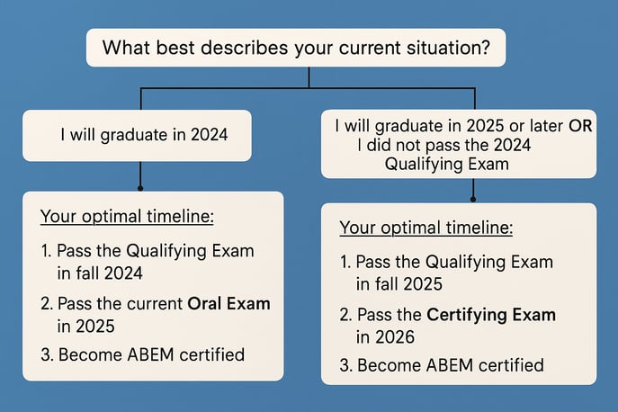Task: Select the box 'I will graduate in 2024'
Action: click(x=137, y=136)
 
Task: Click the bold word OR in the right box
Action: click(x=580, y=126)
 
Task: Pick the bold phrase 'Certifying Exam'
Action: click(x=490, y=315)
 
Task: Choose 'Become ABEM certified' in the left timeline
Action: click(x=151, y=354)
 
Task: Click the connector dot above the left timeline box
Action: click(x=140, y=188)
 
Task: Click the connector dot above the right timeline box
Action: click(x=473, y=199)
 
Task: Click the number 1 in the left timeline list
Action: click(x=45, y=250)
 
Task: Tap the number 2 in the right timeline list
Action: click(x=345, y=315)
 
